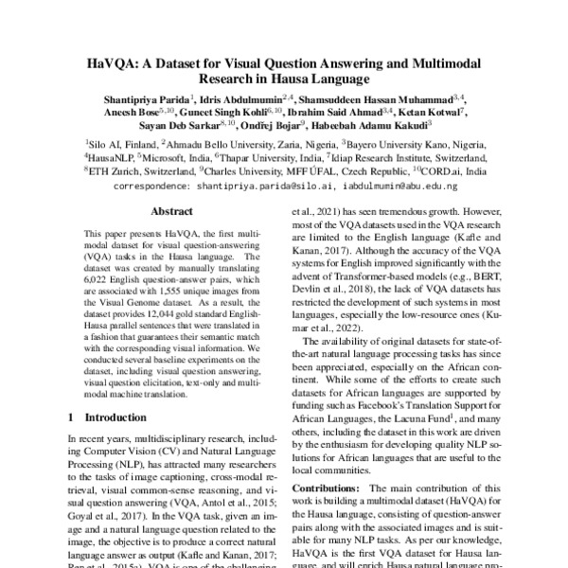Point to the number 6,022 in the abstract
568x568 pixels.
(x=98, y=280)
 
